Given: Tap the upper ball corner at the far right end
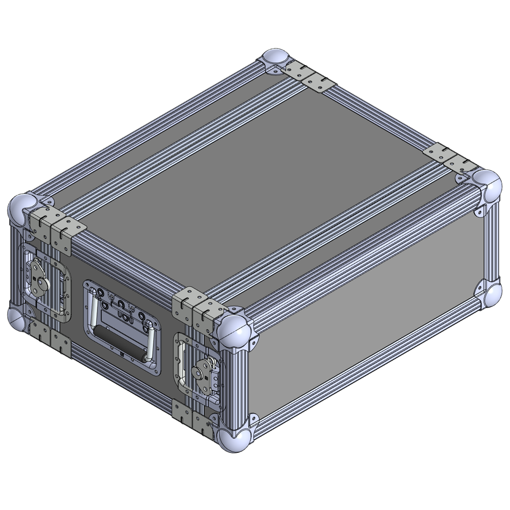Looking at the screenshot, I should click(x=487, y=186).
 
